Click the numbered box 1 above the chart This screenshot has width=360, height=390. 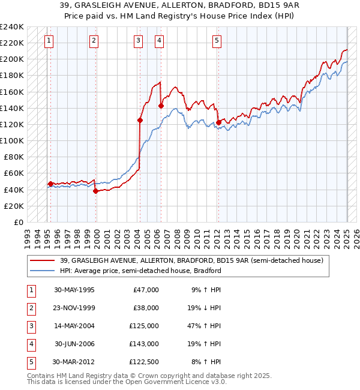(x=49, y=41)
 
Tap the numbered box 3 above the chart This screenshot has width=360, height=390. (x=139, y=41)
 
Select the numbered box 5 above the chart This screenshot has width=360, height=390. (x=217, y=41)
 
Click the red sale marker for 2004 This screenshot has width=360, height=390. (x=140, y=120)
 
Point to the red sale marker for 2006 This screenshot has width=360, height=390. (x=161, y=106)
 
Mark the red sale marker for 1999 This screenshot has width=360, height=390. (x=95, y=191)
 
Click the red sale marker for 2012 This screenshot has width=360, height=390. (x=219, y=122)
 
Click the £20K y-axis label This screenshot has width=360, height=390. (x=13, y=206)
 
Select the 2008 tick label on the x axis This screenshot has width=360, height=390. (x=181, y=236)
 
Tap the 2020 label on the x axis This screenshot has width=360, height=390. (x=296, y=236)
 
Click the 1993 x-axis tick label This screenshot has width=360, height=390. (x=27, y=236)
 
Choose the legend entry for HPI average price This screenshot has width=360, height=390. (x=140, y=271)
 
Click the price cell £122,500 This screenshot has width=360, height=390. (x=142, y=362)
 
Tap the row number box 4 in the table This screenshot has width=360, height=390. (x=31, y=344)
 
